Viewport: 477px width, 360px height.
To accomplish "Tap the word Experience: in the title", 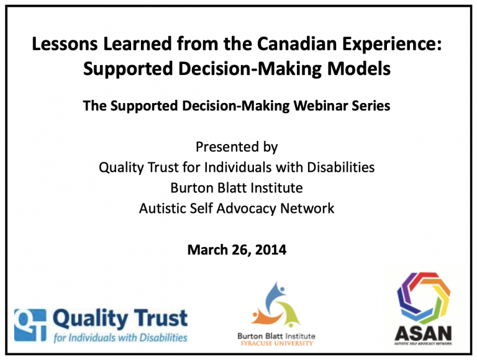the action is pyautogui.click(x=392, y=45).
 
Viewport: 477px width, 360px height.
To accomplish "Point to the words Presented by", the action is pyautogui.click(x=237, y=147).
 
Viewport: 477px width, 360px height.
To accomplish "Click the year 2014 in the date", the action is pyautogui.click(x=271, y=250).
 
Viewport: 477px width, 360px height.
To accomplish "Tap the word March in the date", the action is pyautogui.click(x=208, y=250).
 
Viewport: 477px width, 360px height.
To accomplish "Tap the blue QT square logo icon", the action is pyautogui.click(x=30, y=325).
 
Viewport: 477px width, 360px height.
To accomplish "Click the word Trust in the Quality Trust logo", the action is pyautogui.click(x=161, y=318).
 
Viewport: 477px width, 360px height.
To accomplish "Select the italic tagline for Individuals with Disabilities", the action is pyautogui.click(x=120, y=338).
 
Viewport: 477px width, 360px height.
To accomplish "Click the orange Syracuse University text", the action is pyautogui.click(x=276, y=343).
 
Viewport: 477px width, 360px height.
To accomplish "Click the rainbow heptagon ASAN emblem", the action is pyautogui.click(x=424, y=298).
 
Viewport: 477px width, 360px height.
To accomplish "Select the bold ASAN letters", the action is pyautogui.click(x=423, y=333).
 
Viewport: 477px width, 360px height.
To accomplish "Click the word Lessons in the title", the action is pyautogui.click(x=65, y=44).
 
